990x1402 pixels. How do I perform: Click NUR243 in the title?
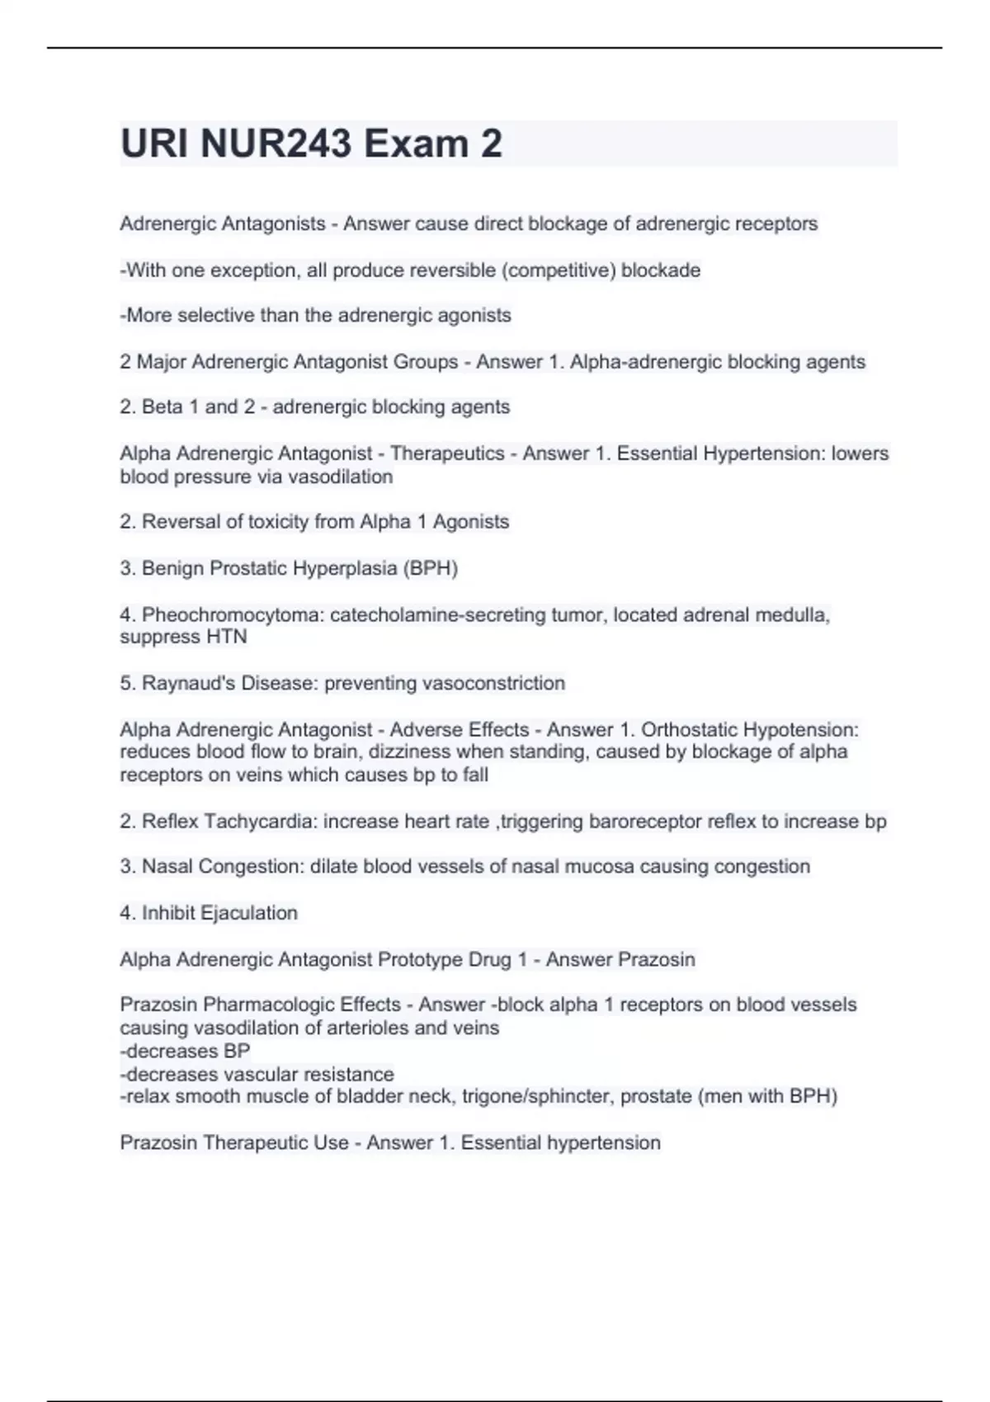(x=276, y=143)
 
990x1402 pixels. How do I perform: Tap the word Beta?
(x=163, y=407)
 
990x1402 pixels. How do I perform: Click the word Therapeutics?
(x=447, y=454)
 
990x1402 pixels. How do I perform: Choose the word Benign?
(x=173, y=568)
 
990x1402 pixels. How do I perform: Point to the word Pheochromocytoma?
(x=231, y=615)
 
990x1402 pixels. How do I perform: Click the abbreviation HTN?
(x=226, y=637)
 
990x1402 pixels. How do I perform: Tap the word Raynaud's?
(x=188, y=684)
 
